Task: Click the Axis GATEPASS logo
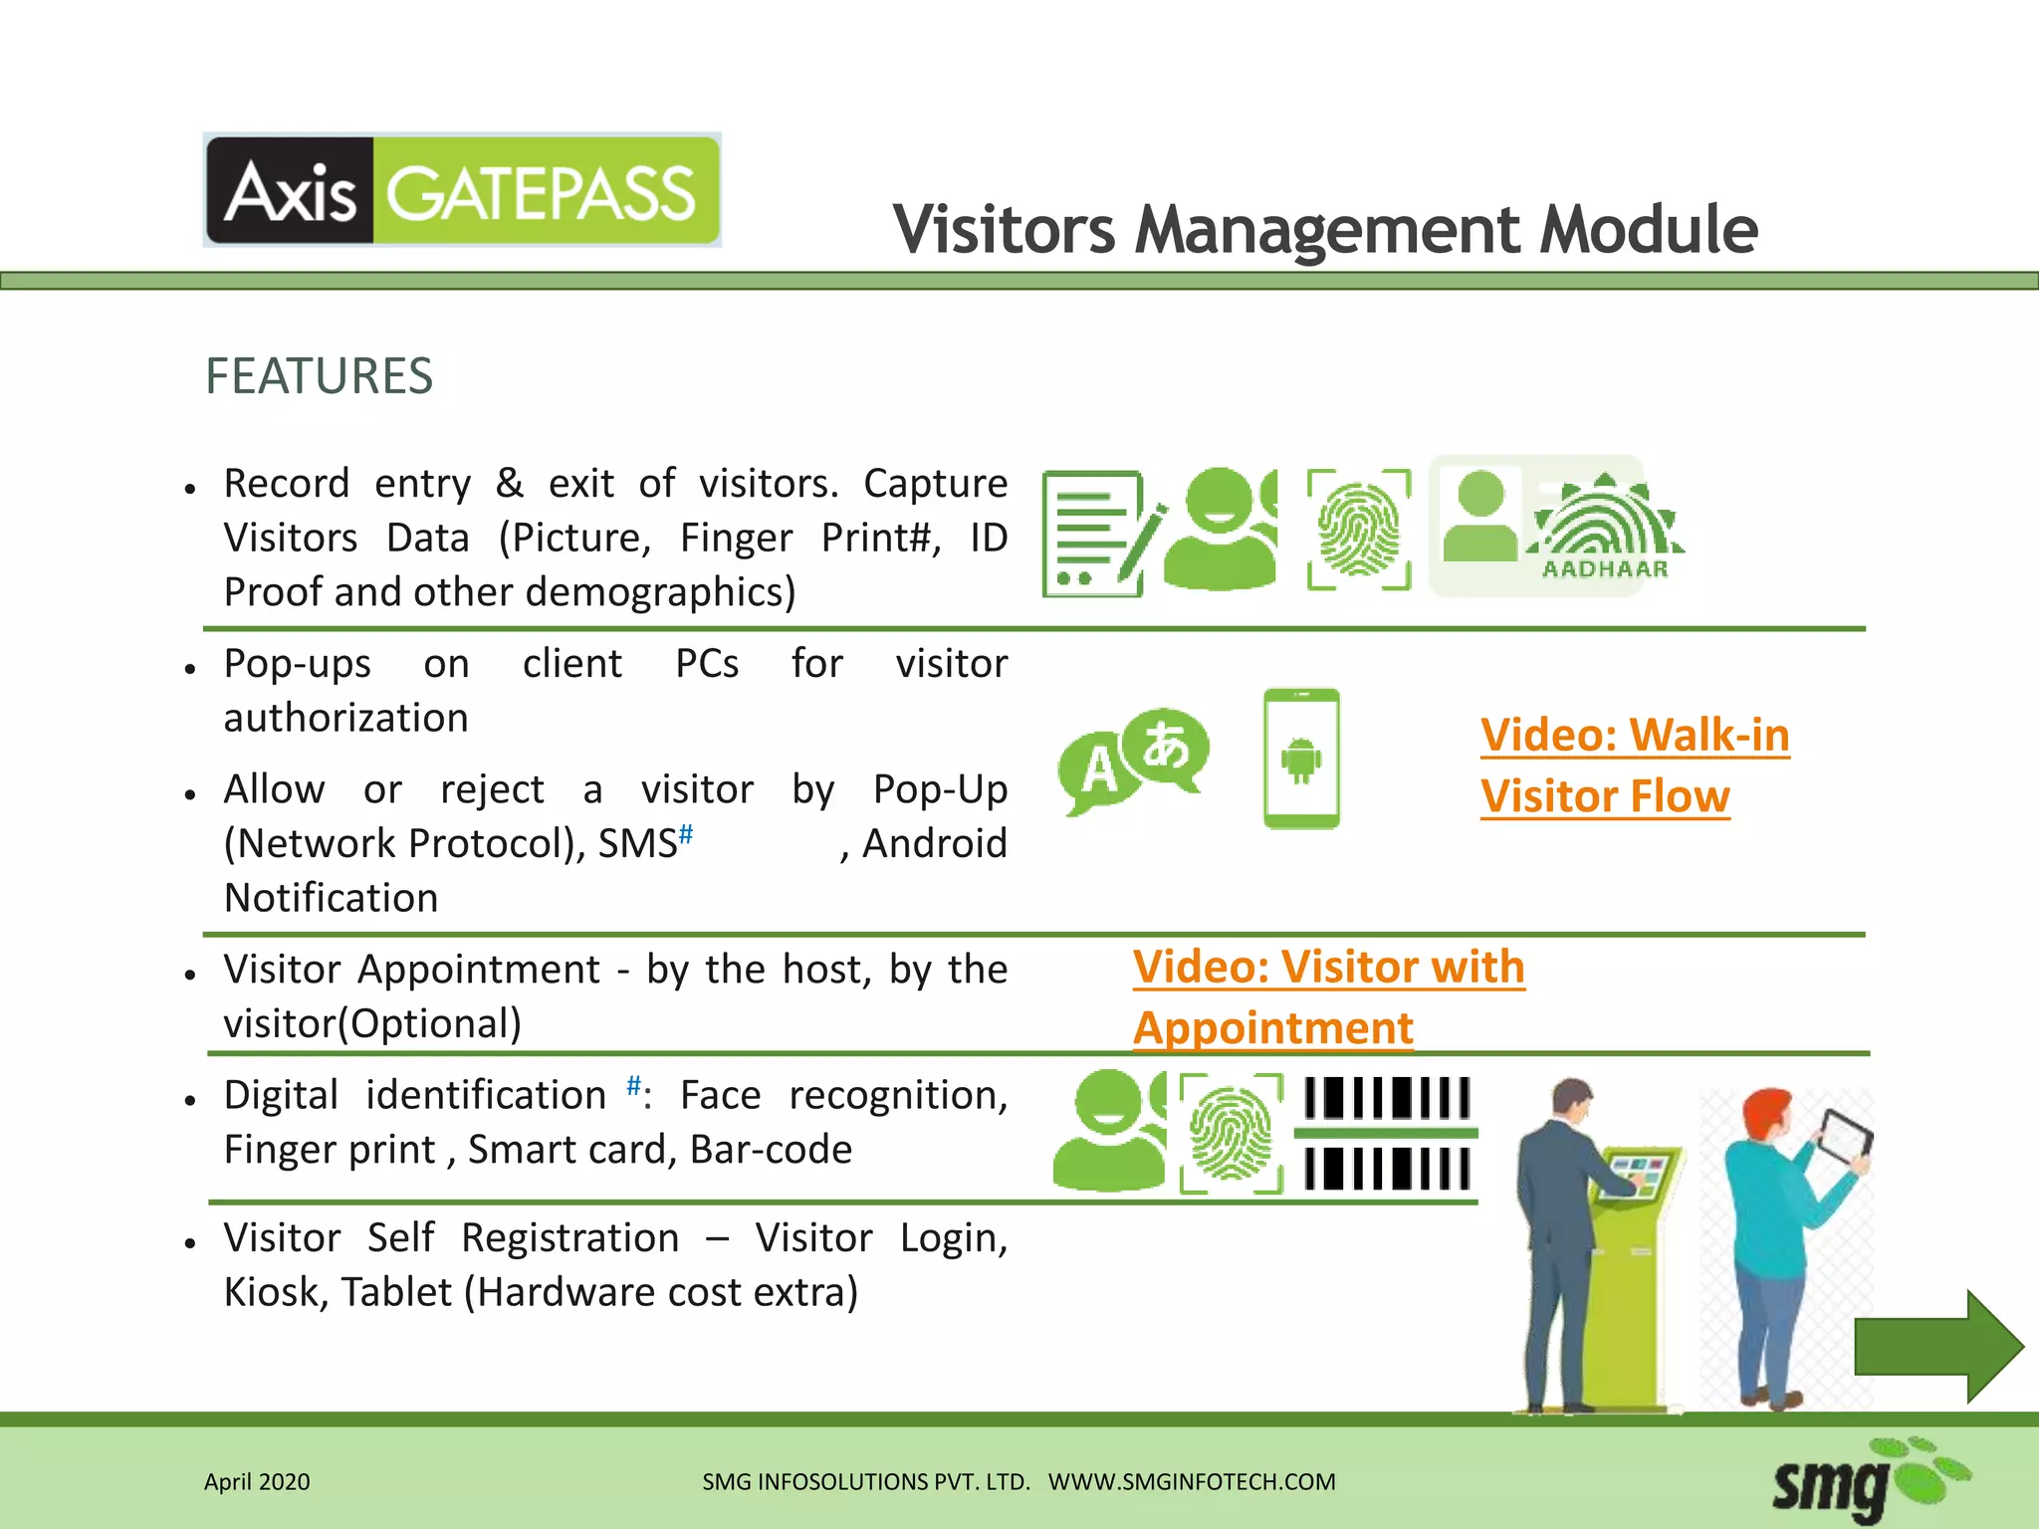pos(462,190)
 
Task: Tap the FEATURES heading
pos(319,376)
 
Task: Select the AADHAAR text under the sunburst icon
pos(1605,569)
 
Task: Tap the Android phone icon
pos(1301,759)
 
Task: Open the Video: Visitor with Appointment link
pos(1327,996)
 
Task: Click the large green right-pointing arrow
pos(1937,1346)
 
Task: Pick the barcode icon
pos(1387,1134)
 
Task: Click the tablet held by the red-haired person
pos(1844,1138)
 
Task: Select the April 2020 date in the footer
pos(257,1482)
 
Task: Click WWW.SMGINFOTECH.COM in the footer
pos(1192,1482)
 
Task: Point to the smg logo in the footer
pos(1868,1482)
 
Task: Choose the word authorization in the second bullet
pos(345,718)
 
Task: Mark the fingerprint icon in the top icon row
pos(1359,530)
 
